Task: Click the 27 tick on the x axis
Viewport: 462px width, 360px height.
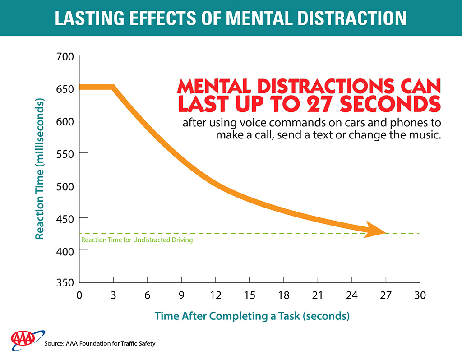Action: tap(386, 295)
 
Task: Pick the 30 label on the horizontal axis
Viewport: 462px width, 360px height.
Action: tap(420, 295)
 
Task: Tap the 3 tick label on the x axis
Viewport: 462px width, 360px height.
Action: tap(113, 295)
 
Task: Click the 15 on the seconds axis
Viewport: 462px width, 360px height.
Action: tap(249, 295)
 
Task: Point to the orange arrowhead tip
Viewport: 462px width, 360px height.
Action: tap(385, 233)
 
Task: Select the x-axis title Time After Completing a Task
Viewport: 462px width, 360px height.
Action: tap(252, 316)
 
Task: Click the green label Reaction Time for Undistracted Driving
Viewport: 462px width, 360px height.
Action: tap(137, 240)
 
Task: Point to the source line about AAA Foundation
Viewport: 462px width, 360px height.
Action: tap(100, 344)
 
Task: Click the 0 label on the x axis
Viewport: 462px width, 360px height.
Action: tap(79, 295)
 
